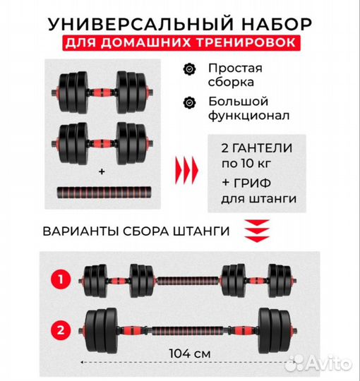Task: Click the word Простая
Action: coord(234,68)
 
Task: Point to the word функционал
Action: coord(244,115)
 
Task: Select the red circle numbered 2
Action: coord(62,327)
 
